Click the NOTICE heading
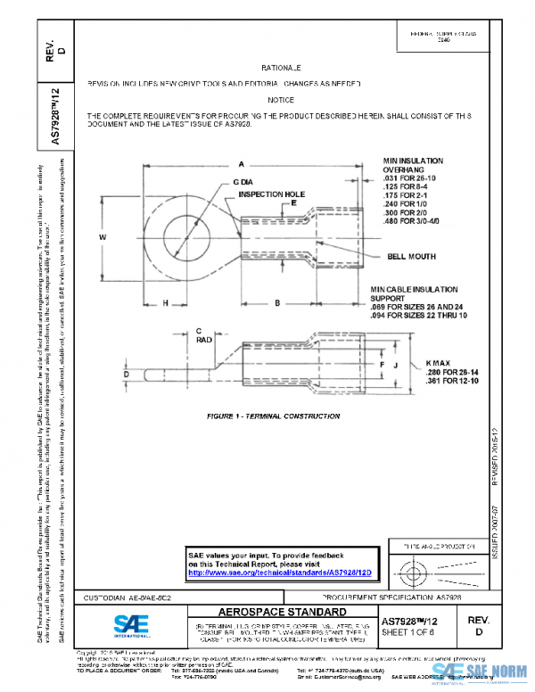tap(281, 100)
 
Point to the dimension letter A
tap(242, 163)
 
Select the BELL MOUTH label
tap(412, 256)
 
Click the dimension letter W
tap(103, 237)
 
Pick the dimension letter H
tap(166, 304)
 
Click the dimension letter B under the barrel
tap(277, 304)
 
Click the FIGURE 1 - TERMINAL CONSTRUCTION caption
tap(260, 416)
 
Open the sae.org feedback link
tap(280, 573)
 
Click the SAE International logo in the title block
tap(129, 623)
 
